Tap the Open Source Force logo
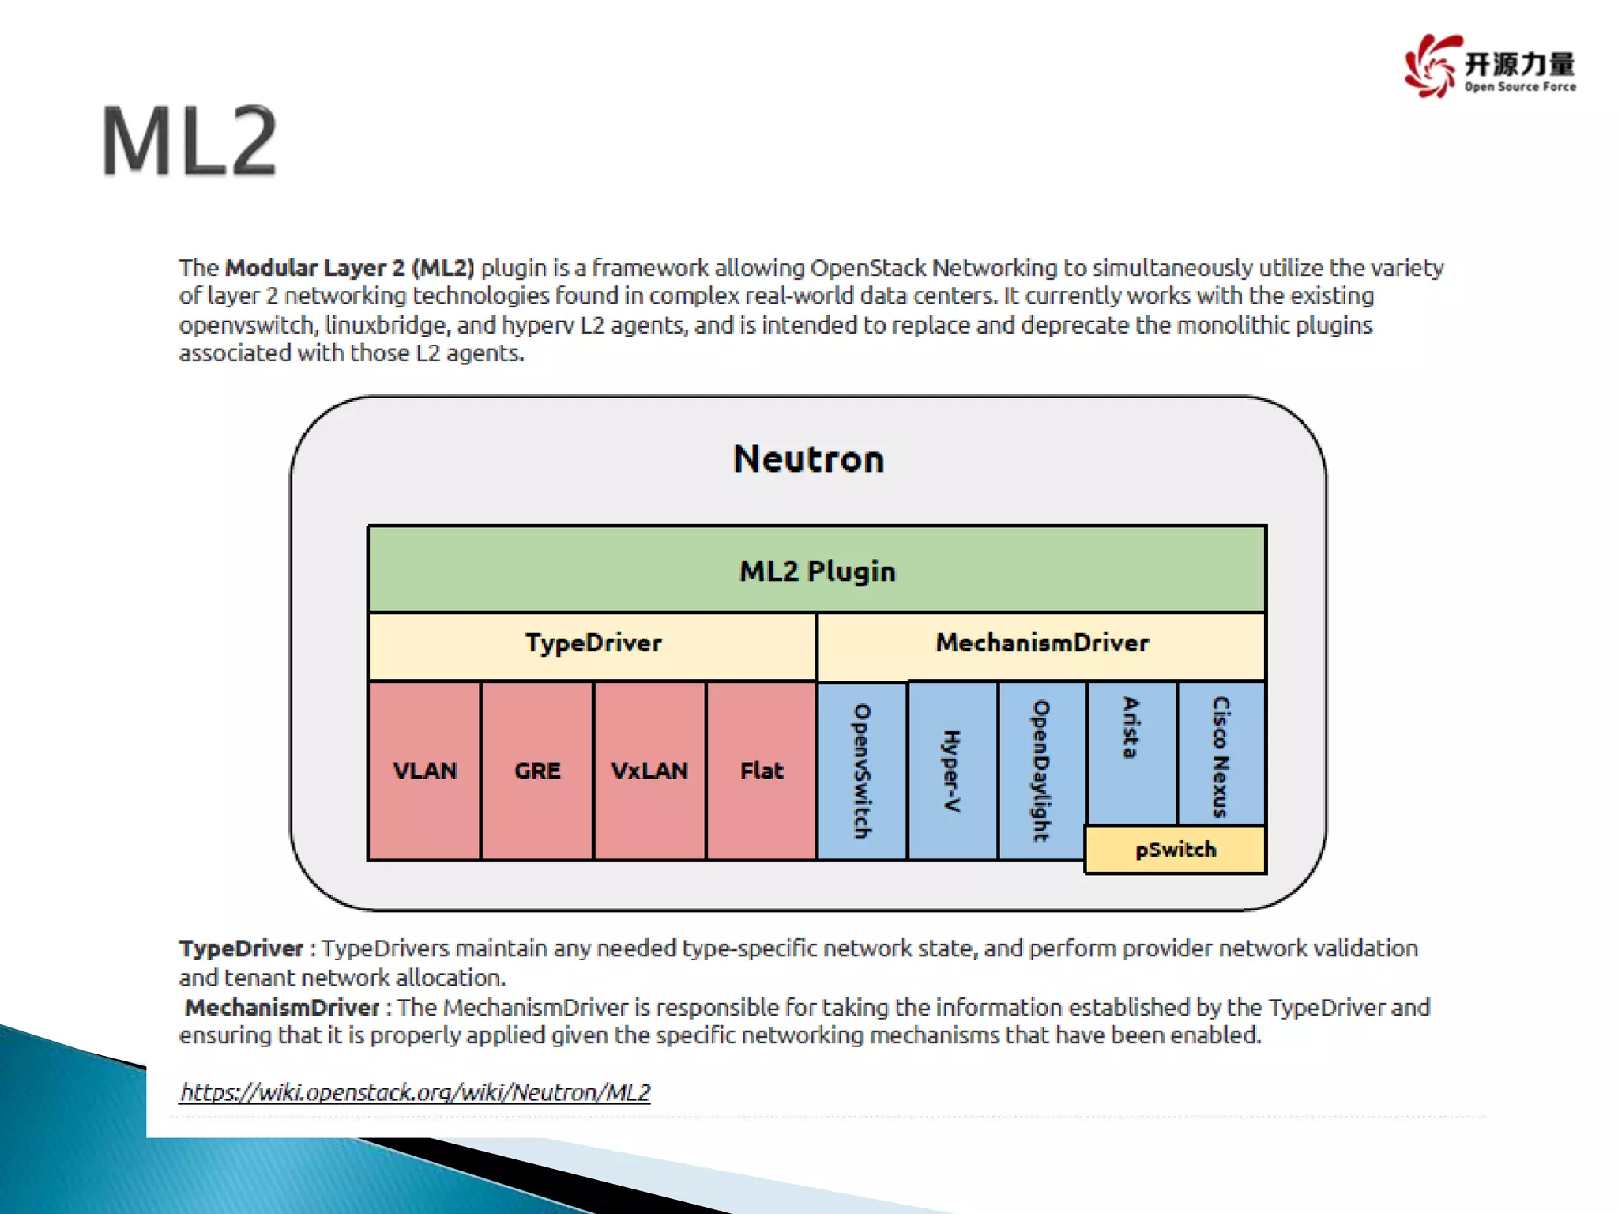(x=1489, y=66)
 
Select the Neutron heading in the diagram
(x=808, y=459)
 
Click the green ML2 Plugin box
(x=817, y=570)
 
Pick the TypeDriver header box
(x=593, y=643)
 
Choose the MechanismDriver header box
(x=1041, y=643)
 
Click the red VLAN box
(x=424, y=771)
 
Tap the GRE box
(x=537, y=771)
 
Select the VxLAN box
(x=649, y=771)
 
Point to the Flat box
(x=762, y=771)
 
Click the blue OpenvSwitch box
(x=862, y=771)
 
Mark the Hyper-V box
(x=952, y=771)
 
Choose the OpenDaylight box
(x=1041, y=771)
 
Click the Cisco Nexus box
(x=1221, y=755)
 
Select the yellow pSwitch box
(x=1176, y=850)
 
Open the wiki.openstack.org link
(x=415, y=1092)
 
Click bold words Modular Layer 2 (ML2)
(x=349, y=268)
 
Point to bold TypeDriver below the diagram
(x=241, y=948)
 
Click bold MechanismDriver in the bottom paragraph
(x=282, y=1008)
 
